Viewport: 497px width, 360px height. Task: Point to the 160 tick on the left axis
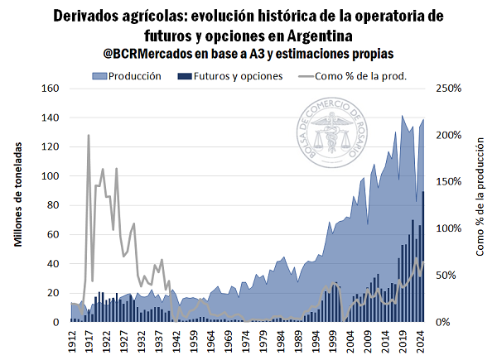[51, 89]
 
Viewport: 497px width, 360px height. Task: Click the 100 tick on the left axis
[51, 177]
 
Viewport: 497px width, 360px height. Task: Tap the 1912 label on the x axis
[73, 339]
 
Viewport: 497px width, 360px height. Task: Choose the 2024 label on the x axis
[421, 339]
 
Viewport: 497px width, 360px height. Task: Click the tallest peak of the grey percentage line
[89, 135]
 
